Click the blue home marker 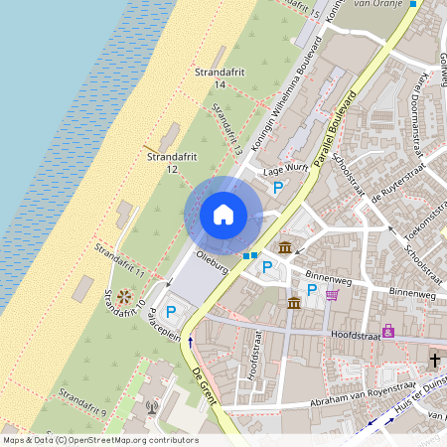coord(223,214)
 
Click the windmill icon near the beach coord(124,296)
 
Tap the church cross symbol coord(435,359)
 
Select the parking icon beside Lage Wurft coord(278,187)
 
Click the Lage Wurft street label coord(280,170)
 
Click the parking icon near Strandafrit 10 coord(171,312)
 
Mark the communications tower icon coord(152,405)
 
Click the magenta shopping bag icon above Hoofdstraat coord(387,331)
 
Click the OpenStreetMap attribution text coord(99,440)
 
